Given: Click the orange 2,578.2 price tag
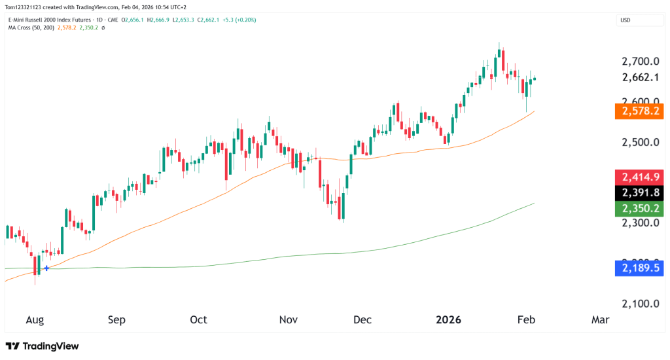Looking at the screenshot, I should click(x=639, y=111).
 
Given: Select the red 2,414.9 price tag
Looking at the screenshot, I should click(x=639, y=177).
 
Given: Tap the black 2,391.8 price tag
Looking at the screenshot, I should click(x=639, y=193).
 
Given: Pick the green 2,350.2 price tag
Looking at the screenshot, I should click(x=639, y=209).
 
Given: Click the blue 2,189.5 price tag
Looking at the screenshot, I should click(x=639, y=268).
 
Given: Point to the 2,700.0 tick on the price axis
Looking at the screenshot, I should click(x=639, y=62).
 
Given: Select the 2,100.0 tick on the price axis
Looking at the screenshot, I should click(x=639, y=304).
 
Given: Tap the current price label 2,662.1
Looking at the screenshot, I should click(x=639, y=77).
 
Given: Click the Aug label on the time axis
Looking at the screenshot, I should click(x=35, y=320).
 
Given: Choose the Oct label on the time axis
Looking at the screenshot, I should click(x=198, y=320).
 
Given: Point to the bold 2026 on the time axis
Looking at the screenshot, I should click(x=449, y=320).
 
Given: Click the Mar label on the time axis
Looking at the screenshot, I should click(x=600, y=320).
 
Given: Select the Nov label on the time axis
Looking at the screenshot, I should click(x=289, y=320).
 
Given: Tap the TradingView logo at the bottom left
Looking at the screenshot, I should click(x=42, y=346).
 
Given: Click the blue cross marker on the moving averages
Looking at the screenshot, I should click(x=46, y=268).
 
